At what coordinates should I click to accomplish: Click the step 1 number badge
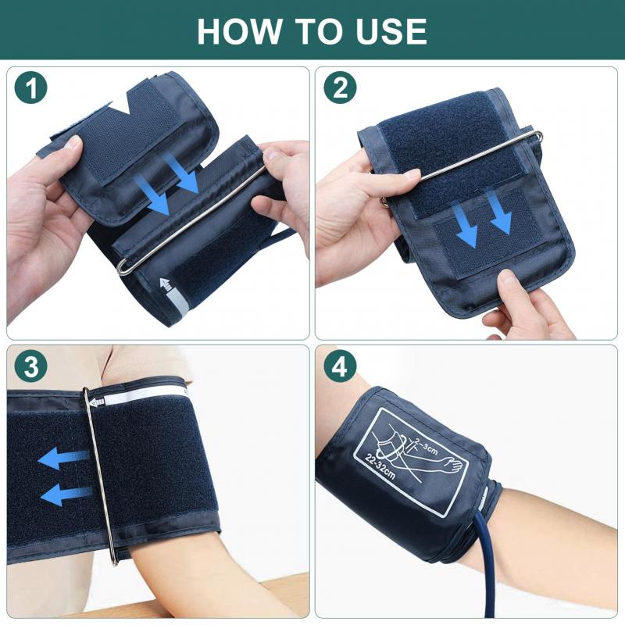coord(31,89)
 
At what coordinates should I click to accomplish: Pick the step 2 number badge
coord(340,89)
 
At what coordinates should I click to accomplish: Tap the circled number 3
coord(31,366)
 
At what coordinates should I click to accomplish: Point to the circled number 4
coord(340,366)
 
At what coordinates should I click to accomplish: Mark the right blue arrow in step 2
coord(500,214)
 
